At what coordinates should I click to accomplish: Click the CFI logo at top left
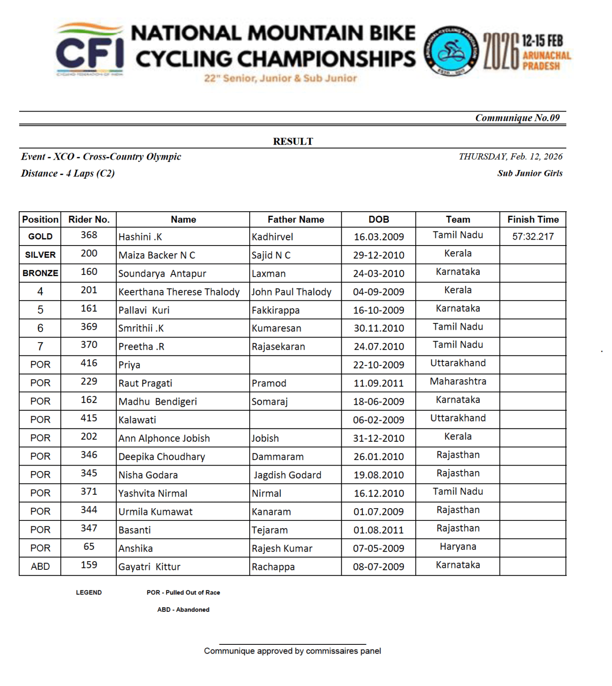(x=90, y=50)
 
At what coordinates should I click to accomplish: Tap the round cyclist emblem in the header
(x=451, y=50)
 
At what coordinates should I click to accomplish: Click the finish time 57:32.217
(x=533, y=236)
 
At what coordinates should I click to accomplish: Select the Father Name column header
(x=295, y=220)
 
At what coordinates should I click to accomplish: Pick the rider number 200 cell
(x=89, y=254)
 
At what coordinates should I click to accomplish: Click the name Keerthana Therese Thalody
(x=179, y=292)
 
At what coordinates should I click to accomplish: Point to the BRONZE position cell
(x=40, y=273)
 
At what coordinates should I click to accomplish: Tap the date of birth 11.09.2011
(x=379, y=383)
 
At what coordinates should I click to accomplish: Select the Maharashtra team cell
(x=458, y=381)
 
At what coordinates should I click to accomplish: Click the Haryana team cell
(x=458, y=547)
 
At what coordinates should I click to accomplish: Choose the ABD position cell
(x=40, y=566)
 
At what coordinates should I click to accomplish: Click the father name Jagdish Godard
(x=287, y=475)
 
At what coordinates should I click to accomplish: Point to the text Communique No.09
(x=517, y=118)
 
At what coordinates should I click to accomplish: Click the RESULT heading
(x=293, y=141)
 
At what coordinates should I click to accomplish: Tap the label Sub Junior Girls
(x=530, y=173)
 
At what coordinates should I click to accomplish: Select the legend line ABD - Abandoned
(x=183, y=610)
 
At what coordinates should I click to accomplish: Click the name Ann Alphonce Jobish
(x=164, y=438)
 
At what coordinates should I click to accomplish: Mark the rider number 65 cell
(x=89, y=547)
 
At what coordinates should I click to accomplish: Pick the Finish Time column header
(x=533, y=220)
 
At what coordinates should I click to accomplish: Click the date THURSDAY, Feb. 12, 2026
(x=510, y=156)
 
